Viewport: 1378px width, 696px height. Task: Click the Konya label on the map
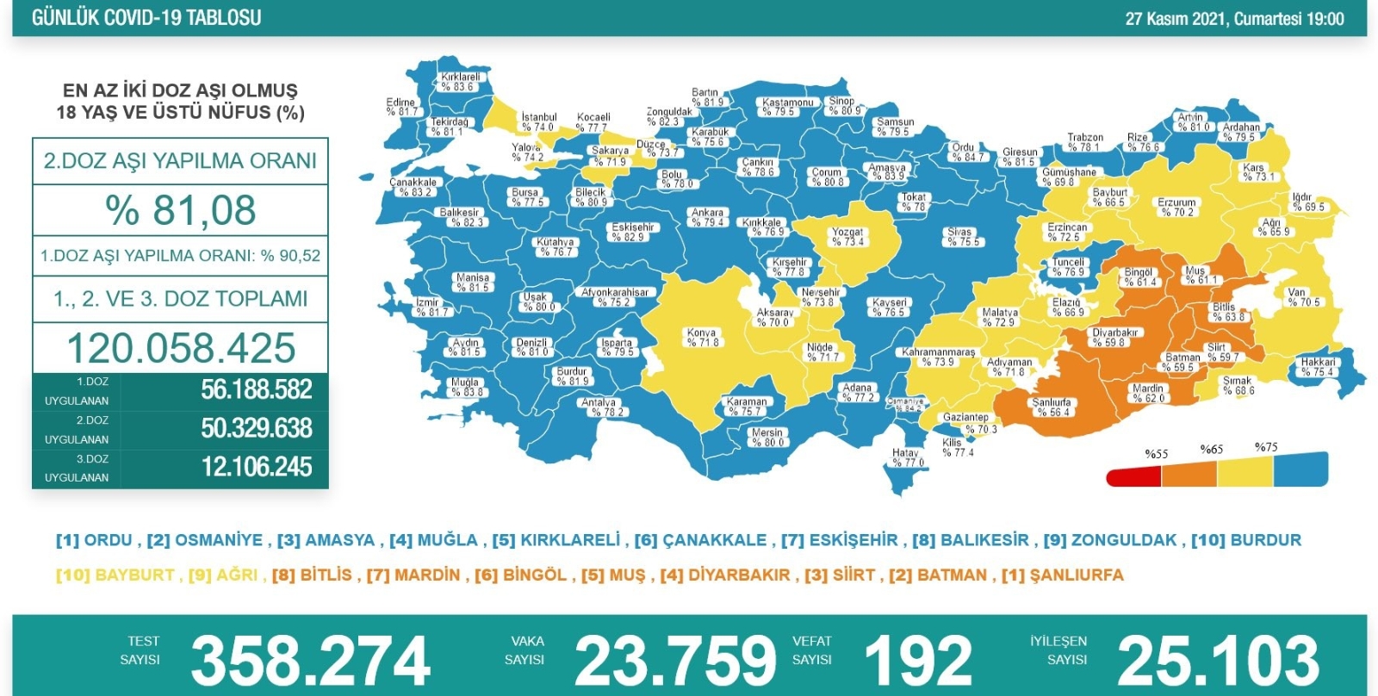[x=702, y=337]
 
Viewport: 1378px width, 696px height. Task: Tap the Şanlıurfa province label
[x=1052, y=407]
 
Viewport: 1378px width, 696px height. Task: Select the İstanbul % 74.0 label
[x=538, y=121]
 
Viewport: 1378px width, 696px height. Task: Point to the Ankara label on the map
[x=707, y=217]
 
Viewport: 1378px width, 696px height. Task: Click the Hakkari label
[x=1318, y=367]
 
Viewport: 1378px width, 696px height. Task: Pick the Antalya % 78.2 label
[x=600, y=407]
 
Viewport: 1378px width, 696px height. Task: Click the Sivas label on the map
[x=961, y=237]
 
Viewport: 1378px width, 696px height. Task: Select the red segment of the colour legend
[x=1133, y=475]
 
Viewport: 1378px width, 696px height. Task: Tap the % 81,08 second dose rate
[x=181, y=210]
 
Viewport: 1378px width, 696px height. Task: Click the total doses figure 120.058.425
[x=181, y=348]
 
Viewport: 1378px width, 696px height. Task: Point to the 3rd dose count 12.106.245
[x=256, y=467]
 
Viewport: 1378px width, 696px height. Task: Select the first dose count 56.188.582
[x=256, y=390]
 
